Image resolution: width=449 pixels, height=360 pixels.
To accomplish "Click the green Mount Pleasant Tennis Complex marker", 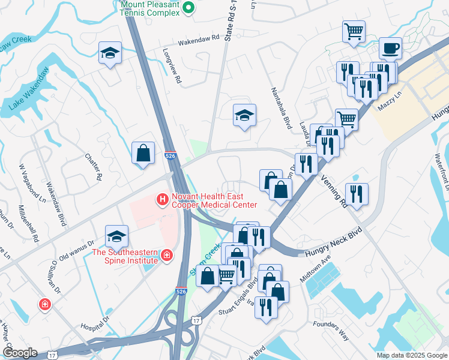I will (x=187, y=7).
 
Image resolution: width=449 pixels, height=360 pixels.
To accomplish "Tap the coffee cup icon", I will (x=390, y=48).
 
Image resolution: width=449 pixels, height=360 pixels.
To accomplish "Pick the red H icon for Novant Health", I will (x=161, y=199).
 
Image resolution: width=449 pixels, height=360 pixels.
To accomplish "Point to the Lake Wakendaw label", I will (x=29, y=89).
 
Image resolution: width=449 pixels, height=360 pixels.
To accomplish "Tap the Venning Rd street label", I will (x=334, y=191).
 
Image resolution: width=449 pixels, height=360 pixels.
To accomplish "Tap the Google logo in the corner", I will (x=19, y=352).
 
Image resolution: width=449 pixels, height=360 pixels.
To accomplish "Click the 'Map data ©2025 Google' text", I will (x=411, y=355).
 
